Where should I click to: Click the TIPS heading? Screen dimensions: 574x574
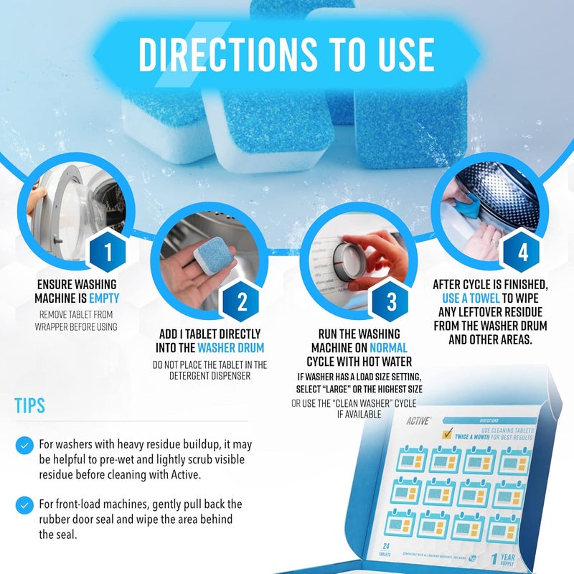pos(29,405)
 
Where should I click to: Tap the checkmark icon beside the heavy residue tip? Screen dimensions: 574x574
pos(25,446)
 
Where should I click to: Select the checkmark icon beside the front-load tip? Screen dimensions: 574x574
pos(25,503)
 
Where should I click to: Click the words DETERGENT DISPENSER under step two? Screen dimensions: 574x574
pos(210,376)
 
